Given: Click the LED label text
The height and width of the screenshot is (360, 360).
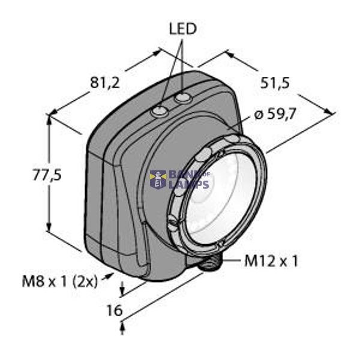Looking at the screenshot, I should point(182,28).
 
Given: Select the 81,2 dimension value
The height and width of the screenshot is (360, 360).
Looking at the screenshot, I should point(105,82).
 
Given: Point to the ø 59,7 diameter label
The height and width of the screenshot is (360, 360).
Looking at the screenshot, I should point(275,114).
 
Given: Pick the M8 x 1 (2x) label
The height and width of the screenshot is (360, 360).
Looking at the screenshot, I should point(60,280).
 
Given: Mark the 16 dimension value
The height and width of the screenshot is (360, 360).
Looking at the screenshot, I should point(114,310).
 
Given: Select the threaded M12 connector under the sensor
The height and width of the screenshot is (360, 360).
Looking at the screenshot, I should point(211,263).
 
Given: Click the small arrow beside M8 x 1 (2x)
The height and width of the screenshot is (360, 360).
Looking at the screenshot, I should point(109,277).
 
